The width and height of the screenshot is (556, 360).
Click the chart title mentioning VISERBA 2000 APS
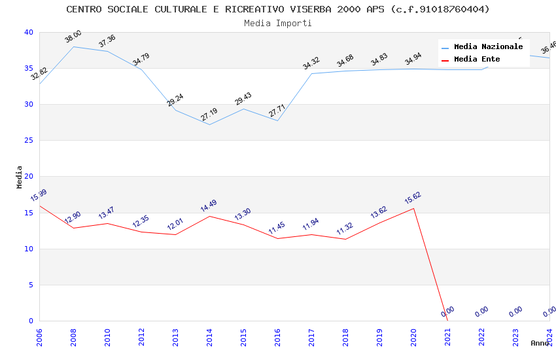point(278,9)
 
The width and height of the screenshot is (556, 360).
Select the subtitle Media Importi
point(278,23)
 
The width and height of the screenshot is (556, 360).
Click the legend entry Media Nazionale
point(488,47)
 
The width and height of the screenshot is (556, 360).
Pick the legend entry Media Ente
point(477,60)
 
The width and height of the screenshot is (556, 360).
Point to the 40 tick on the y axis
point(28,33)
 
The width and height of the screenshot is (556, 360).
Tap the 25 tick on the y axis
point(28,141)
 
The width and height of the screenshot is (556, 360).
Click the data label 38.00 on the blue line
point(73,37)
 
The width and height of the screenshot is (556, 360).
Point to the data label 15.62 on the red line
point(413,198)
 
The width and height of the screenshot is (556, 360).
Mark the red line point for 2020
point(413,208)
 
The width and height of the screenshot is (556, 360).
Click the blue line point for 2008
point(73,46)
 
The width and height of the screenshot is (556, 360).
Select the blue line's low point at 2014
point(209,124)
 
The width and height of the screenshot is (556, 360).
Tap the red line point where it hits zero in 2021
point(447,321)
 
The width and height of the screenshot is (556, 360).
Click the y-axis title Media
point(19,177)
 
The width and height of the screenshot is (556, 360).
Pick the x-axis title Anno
point(540,343)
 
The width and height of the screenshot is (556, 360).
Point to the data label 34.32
point(311,63)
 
